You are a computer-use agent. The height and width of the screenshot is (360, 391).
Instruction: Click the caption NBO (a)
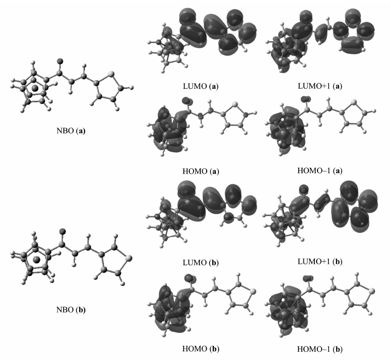coord(71,131)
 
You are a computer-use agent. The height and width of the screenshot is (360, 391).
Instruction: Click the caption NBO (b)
coord(71,310)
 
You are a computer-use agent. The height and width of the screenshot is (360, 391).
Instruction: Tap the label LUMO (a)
coord(201,87)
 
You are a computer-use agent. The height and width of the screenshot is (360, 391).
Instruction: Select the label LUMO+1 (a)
coord(320,86)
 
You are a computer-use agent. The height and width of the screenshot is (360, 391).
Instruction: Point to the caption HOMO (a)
coord(201,171)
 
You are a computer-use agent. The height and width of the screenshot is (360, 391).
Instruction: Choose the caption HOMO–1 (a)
coord(320,170)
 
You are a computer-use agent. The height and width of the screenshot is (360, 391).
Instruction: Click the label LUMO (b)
coord(201,262)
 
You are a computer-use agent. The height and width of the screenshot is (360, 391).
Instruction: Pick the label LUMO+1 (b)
coord(320,262)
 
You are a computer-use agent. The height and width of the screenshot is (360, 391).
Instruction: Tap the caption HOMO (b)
coord(201,349)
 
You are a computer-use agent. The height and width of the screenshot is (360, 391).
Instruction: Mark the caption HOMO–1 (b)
coord(320,349)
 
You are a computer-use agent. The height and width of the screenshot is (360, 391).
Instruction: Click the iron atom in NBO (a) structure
coord(35,88)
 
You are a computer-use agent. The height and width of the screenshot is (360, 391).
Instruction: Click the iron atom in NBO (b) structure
coord(36,260)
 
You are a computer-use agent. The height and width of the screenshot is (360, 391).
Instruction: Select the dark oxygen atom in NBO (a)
coord(60,61)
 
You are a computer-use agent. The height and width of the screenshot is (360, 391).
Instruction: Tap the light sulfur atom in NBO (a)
coord(111,73)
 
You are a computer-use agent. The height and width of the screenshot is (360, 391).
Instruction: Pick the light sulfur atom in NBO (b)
coord(128,258)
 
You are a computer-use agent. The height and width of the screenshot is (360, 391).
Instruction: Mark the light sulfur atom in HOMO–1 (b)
coord(371,290)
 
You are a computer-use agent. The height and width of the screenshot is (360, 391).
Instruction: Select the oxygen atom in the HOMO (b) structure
coord(188,277)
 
